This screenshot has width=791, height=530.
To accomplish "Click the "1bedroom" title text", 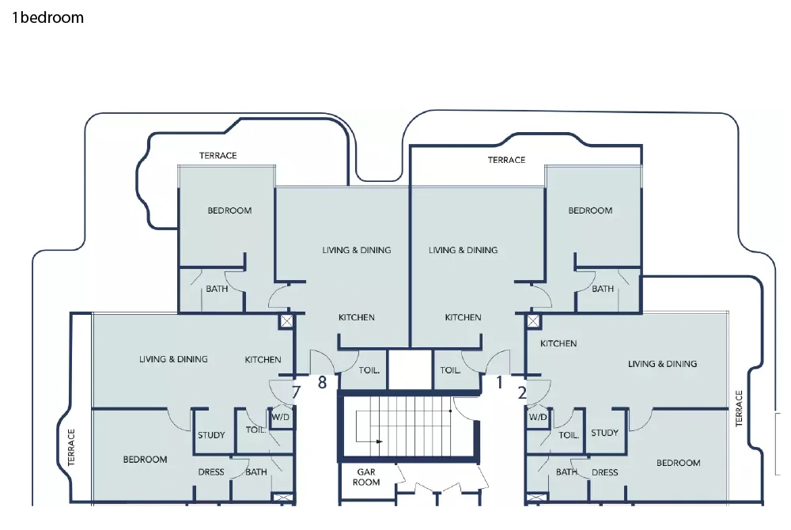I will tap(47, 17).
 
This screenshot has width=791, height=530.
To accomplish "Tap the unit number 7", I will tap(297, 391).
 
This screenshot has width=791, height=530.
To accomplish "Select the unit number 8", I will tap(322, 384).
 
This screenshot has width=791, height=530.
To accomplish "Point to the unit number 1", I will tap(499, 383).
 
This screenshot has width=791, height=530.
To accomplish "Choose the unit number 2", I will tap(522, 391).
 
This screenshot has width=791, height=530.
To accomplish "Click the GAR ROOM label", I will tap(366, 476).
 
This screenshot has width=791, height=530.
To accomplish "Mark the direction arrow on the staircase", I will tap(377, 441).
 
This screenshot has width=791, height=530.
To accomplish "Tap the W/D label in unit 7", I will tap(281, 416).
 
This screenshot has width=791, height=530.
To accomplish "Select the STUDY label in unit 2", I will tap(604, 433).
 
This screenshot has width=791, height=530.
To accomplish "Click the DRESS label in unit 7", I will tap(211, 472).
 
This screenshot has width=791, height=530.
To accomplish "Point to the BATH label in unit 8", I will tap(217, 289).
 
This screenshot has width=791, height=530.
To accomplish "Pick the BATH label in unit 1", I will tap(603, 289).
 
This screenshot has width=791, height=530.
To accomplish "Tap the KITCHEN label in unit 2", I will tap(558, 343).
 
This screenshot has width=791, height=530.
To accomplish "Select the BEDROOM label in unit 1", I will tap(590, 210).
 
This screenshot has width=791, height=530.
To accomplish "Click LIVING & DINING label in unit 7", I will tap(173, 359).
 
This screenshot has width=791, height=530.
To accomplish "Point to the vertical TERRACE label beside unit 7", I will tap(71, 448).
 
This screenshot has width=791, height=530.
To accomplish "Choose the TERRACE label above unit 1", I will tap(506, 160).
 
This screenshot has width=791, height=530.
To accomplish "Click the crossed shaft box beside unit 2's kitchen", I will tap(534, 321).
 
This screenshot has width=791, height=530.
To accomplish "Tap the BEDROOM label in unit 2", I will tap(679, 463).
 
